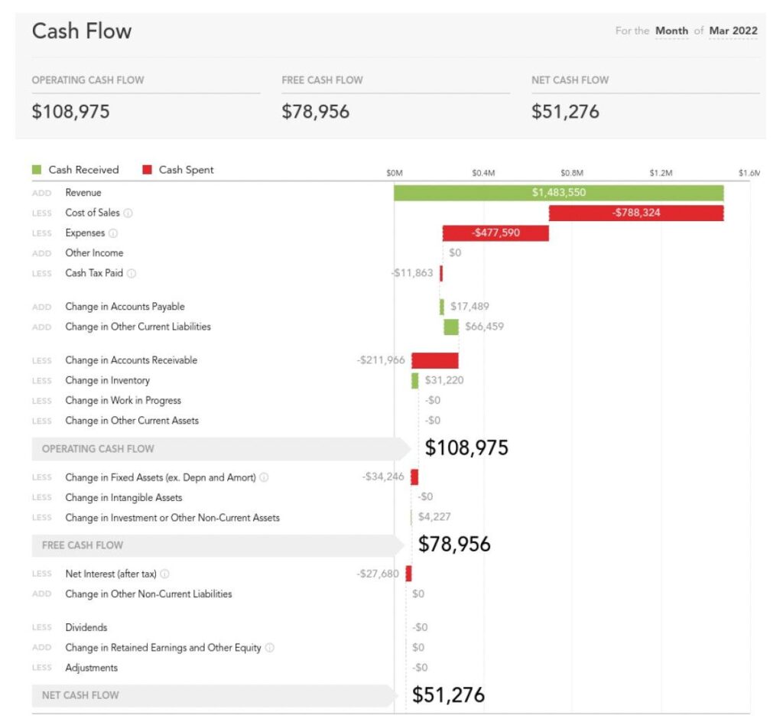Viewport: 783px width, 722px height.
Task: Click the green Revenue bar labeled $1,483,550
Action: (x=558, y=193)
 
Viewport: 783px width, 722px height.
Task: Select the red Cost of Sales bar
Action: (x=636, y=213)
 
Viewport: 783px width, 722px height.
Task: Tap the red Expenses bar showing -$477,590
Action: (x=495, y=233)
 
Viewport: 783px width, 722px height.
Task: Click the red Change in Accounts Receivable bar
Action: (x=434, y=360)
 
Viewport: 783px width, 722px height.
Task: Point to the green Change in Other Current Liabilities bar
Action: (x=451, y=327)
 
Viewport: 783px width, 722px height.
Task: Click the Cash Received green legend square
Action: (x=37, y=170)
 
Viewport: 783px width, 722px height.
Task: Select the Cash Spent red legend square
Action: (x=147, y=170)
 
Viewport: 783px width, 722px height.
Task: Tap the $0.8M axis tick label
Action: (x=571, y=173)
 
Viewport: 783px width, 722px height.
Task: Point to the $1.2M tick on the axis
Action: (x=661, y=173)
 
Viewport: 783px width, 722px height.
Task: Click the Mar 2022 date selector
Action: (x=733, y=31)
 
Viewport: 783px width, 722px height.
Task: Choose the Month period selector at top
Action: (x=671, y=31)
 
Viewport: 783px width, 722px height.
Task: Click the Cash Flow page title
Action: (x=82, y=31)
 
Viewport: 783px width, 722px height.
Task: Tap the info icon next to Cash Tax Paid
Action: (x=132, y=273)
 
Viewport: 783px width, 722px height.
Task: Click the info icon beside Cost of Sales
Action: (x=128, y=213)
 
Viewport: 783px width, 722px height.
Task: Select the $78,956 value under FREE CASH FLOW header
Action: (x=316, y=112)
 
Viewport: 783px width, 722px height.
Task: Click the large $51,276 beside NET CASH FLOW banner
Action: (x=449, y=694)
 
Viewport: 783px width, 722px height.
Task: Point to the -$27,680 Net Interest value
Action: (x=378, y=574)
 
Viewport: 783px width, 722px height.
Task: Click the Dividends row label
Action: (x=86, y=627)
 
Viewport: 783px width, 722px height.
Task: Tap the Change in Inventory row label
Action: (x=107, y=380)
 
